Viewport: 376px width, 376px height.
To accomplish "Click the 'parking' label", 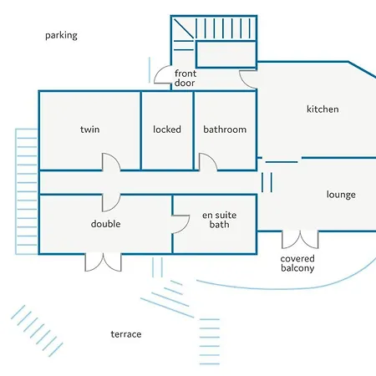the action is pyautogui.click(x=61, y=36).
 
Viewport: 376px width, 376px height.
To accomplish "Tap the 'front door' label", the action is pyautogui.click(x=185, y=78).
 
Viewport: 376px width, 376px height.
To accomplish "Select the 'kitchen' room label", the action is pyautogui.click(x=323, y=109).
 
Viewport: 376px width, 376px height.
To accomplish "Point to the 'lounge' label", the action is pyautogui.click(x=341, y=195).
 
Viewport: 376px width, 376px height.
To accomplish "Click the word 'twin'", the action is pyautogui.click(x=89, y=130).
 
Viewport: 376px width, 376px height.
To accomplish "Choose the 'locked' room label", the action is pyautogui.click(x=167, y=130).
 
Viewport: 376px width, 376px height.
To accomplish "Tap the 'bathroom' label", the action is pyautogui.click(x=225, y=130).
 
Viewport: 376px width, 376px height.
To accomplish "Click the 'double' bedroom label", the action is pyautogui.click(x=105, y=224).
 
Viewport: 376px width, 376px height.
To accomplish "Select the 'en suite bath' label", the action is pyautogui.click(x=220, y=220).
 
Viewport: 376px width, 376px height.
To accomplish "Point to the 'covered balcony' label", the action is pyautogui.click(x=297, y=263).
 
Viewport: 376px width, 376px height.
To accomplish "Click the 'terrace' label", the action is pyautogui.click(x=126, y=334).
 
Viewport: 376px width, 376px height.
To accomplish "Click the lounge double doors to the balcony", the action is pyautogui.click(x=300, y=240).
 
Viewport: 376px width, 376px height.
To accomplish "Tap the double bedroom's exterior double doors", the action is pyautogui.click(x=103, y=262).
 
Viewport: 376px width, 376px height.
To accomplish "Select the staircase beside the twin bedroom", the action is pyautogui.click(x=27, y=191).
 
